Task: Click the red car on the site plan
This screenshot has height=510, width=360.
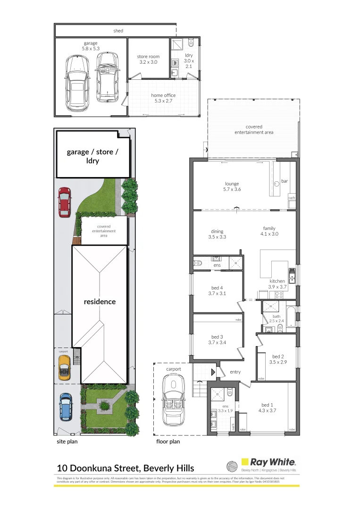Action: tap(64, 202)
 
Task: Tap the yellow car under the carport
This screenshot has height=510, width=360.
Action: tap(64, 367)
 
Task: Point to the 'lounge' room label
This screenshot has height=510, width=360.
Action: tap(231, 184)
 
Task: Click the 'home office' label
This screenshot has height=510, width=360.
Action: tap(163, 95)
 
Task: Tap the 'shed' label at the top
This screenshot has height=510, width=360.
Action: tap(118, 31)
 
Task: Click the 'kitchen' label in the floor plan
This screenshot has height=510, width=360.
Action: tap(277, 281)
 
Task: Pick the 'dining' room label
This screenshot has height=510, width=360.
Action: tap(217, 231)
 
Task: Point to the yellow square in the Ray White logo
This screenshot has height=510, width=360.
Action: tap(245, 462)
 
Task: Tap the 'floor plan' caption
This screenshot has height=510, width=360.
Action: tap(168, 442)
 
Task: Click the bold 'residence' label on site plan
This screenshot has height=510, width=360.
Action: tap(100, 301)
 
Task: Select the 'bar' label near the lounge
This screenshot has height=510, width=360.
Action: tap(284, 181)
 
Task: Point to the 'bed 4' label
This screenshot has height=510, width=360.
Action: tap(217, 288)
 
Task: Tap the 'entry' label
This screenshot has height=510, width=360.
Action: tap(235, 372)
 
